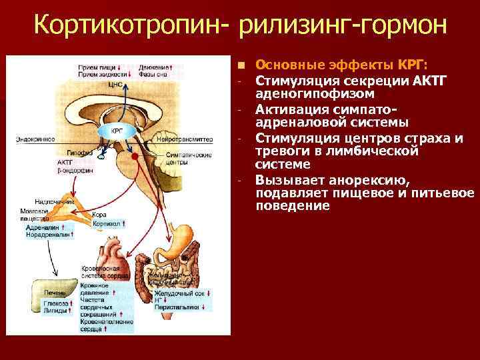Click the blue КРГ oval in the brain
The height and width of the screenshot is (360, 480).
(115, 130)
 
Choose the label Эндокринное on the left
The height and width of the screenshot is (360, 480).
(35, 140)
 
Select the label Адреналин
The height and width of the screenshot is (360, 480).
(41, 227)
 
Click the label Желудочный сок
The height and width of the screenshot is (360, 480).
(178, 293)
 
